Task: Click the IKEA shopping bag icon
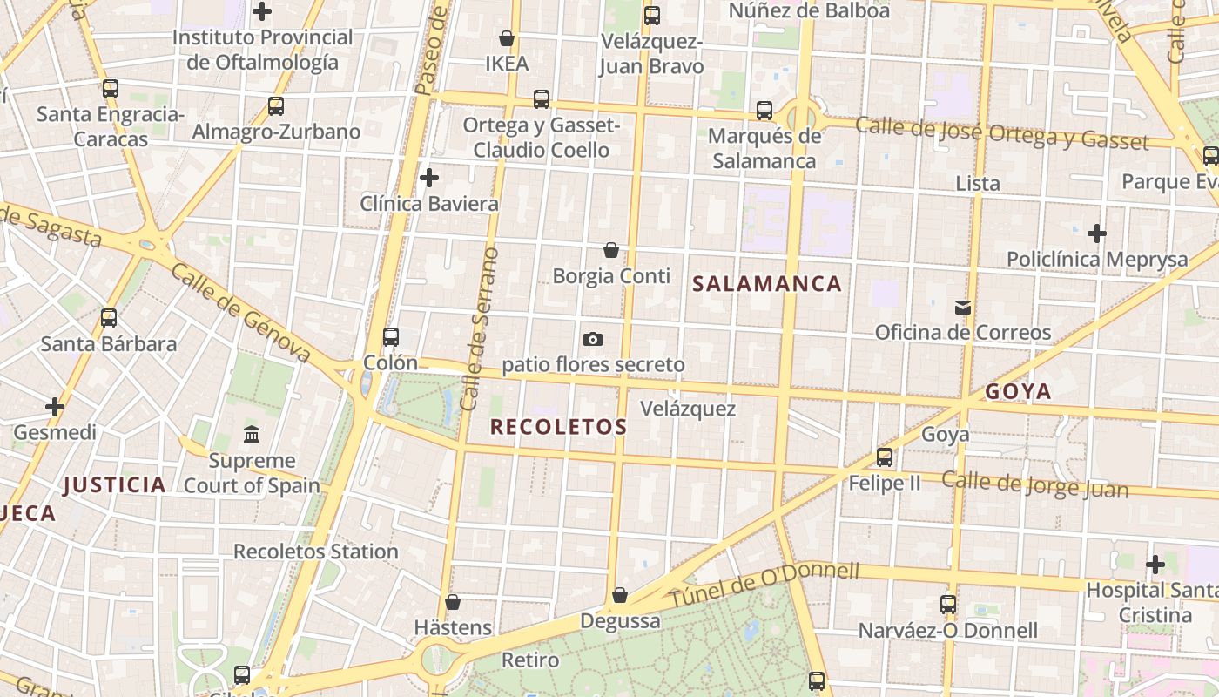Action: click(507, 39)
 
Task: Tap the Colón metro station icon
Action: click(391, 337)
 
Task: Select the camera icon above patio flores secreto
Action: click(593, 339)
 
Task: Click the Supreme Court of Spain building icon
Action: click(252, 434)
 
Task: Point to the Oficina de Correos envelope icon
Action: click(963, 307)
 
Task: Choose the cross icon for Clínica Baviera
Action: click(429, 179)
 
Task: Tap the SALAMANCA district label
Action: click(767, 284)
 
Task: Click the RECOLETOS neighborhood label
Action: click(558, 427)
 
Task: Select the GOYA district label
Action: click(1018, 392)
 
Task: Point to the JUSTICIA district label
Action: click(115, 485)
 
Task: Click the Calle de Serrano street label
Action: click(481, 329)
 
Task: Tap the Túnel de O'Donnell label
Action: click(764, 585)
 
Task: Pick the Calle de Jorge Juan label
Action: click(1034, 485)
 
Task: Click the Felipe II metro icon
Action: click(885, 457)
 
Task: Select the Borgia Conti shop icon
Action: click(611, 251)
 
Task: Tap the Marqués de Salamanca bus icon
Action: click(764, 111)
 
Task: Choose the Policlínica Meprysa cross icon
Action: click(1097, 233)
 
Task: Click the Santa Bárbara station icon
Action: click(109, 318)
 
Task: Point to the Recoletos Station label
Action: click(315, 552)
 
